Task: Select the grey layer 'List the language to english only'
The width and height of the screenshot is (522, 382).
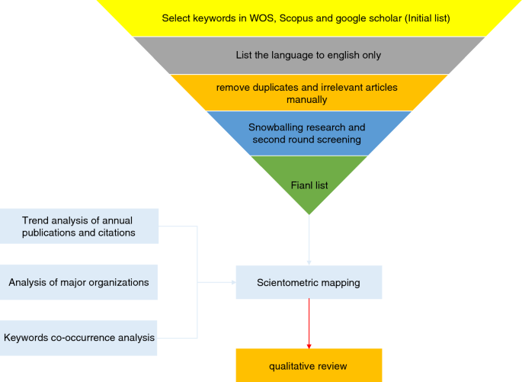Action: (x=308, y=55)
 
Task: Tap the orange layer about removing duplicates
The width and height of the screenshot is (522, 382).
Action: (x=308, y=93)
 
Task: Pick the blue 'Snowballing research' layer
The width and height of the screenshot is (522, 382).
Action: (x=308, y=133)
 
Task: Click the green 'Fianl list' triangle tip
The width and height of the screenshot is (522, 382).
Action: (x=308, y=183)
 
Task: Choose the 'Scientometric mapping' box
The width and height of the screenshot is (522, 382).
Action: (x=308, y=282)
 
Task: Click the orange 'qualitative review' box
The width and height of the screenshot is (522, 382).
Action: (x=308, y=366)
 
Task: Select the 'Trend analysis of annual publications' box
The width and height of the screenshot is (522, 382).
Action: (x=79, y=226)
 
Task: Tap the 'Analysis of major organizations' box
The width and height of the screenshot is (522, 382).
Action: (x=79, y=282)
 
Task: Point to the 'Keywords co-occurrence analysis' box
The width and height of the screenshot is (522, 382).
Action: (x=79, y=337)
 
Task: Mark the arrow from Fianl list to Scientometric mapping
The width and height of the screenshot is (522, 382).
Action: (x=308, y=240)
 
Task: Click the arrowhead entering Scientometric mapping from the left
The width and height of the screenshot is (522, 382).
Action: (x=232, y=282)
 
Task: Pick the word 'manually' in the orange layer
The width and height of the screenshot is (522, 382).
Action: (x=307, y=99)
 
